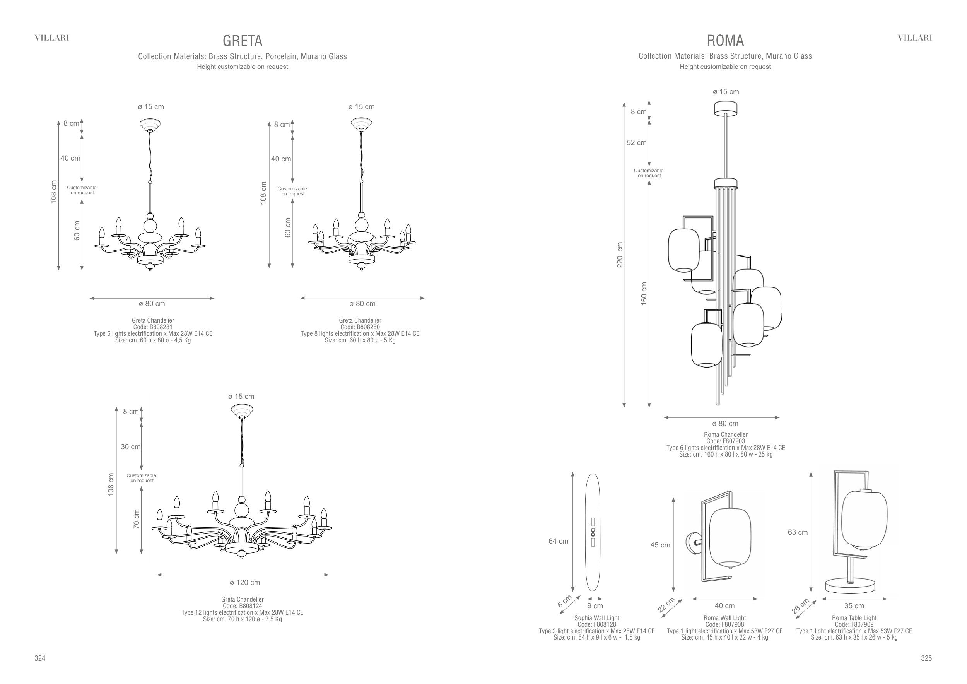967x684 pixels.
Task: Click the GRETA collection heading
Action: pyautogui.click(x=242, y=41)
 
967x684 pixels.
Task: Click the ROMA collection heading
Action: pyautogui.click(x=725, y=41)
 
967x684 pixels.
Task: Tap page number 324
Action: pyautogui.click(x=39, y=658)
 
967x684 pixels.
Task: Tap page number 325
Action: pyautogui.click(x=926, y=658)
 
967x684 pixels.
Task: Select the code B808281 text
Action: pyautogui.click(x=153, y=327)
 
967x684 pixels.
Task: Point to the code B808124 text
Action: pyautogui.click(x=242, y=606)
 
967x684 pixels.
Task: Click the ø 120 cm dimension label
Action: pyautogui.click(x=245, y=583)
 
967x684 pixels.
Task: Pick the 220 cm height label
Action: pyautogui.click(x=620, y=255)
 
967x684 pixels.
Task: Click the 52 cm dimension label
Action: pyautogui.click(x=636, y=143)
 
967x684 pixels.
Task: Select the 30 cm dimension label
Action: pyautogui.click(x=131, y=446)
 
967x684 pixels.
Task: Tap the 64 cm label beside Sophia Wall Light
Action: pyautogui.click(x=558, y=541)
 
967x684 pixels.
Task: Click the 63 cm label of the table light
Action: pyautogui.click(x=798, y=532)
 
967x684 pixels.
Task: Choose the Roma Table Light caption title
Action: pyautogui.click(x=854, y=618)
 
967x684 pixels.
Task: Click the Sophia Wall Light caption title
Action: pyautogui.click(x=597, y=618)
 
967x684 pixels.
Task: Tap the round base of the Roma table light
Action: pyautogui.click(x=850, y=585)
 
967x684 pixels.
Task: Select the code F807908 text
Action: pyautogui.click(x=724, y=624)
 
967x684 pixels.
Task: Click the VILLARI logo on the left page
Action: pyautogui.click(x=52, y=38)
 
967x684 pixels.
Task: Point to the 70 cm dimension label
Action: pyautogui.click(x=136, y=519)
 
